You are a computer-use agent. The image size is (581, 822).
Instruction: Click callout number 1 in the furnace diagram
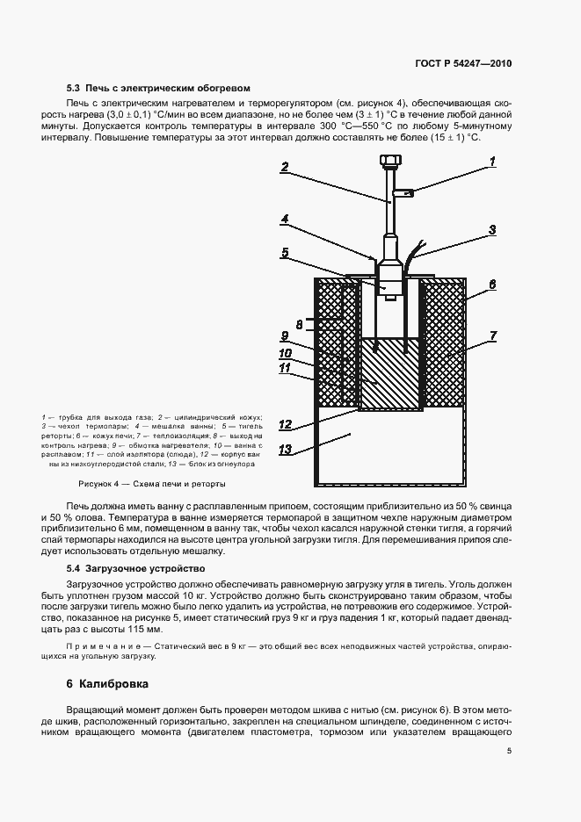point(493,161)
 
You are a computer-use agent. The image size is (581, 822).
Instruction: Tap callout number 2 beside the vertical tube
point(285,167)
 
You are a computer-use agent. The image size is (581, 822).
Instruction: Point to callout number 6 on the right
point(493,285)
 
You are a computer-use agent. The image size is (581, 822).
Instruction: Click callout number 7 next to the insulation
point(493,336)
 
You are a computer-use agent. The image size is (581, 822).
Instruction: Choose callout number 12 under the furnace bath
point(285,425)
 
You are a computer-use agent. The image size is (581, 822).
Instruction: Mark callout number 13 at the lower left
point(285,451)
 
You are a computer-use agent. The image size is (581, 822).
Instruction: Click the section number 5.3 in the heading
point(73,89)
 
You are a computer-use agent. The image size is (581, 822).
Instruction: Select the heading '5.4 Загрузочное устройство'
point(124,569)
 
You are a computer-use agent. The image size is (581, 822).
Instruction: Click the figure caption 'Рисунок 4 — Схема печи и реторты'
point(152,484)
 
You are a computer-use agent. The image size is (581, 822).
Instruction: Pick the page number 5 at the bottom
point(509,751)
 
